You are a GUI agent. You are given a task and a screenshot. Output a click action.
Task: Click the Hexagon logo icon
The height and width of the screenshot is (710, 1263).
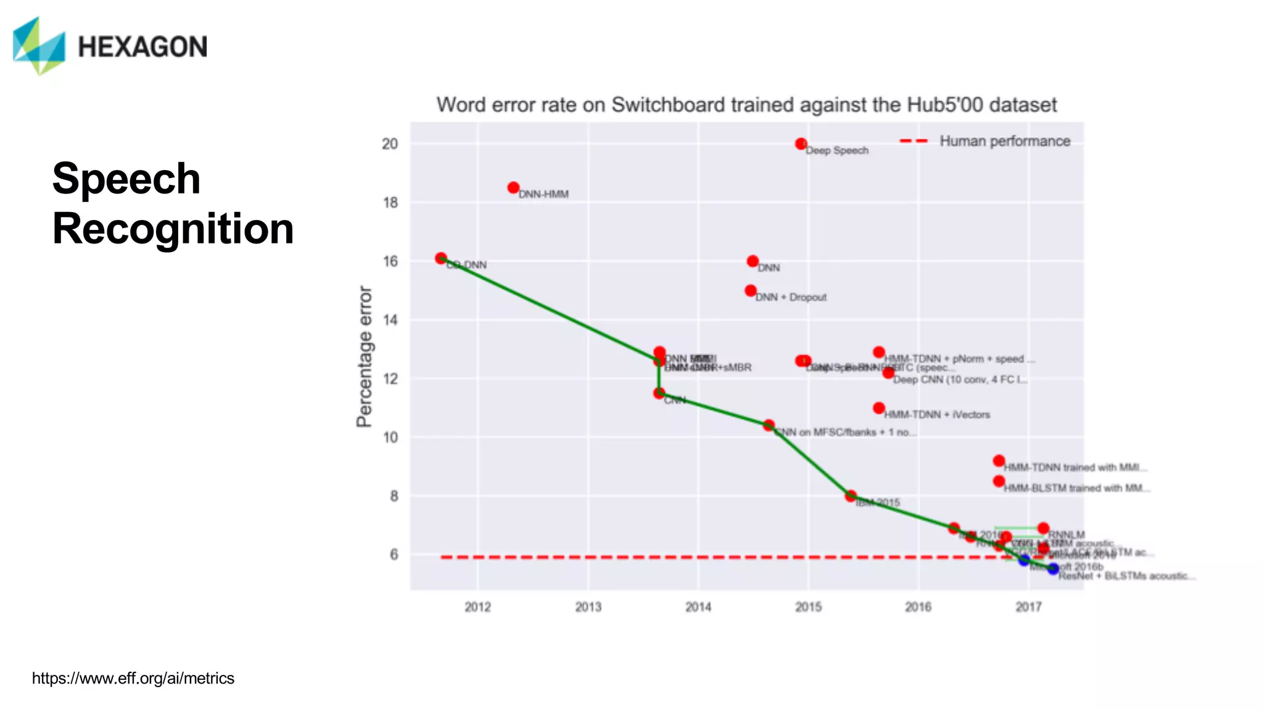(x=38, y=46)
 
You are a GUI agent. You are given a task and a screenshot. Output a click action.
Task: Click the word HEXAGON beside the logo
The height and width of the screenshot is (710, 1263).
(x=142, y=47)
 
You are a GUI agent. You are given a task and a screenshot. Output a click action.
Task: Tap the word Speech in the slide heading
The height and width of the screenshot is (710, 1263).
(x=126, y=179)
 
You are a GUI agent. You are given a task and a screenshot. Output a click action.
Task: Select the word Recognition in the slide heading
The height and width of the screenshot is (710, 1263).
(x=173, y=229)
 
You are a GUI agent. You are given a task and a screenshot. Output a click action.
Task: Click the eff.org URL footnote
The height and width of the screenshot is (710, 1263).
(x=133, y=679)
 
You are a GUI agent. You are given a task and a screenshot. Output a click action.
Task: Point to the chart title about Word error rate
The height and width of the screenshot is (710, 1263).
(x=746, y=105)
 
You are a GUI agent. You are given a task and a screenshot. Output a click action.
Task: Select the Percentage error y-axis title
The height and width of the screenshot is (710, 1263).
(x=364, y=356)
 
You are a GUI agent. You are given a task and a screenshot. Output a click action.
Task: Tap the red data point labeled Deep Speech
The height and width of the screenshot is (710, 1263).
(x=800, y=144)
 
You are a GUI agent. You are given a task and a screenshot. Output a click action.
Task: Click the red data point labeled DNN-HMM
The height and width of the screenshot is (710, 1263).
(x=513, y=187)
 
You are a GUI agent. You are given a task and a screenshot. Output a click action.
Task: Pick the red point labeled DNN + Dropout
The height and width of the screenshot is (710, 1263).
(x=751, y=290)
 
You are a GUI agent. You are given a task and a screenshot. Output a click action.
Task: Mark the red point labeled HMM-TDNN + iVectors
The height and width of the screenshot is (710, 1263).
(x=879, y=408)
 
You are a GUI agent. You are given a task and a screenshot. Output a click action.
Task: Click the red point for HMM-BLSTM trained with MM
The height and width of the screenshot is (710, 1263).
(x=999, y=481)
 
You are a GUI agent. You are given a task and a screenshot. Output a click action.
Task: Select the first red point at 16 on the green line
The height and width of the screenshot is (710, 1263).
(x=441, y=258)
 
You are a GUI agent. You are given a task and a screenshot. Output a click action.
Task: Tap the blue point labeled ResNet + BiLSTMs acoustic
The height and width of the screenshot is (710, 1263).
(x=1053, y=568)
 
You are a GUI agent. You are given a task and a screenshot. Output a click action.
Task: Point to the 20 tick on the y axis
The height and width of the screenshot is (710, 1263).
(x=390, y=144)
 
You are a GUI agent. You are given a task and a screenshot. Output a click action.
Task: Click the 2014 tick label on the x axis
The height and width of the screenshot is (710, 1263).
(x=698, y=607)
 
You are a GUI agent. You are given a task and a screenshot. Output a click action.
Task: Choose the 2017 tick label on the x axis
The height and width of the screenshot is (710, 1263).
(x=1028, y=607)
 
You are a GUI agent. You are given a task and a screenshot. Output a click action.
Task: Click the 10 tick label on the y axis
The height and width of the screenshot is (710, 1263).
(x=390, y=438)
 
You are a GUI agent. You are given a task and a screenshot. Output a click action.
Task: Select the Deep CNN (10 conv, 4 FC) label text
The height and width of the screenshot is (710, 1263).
(x=960, y=380)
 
